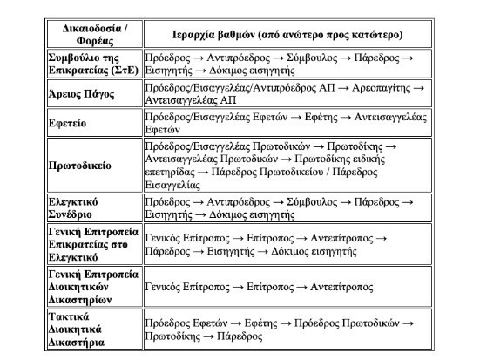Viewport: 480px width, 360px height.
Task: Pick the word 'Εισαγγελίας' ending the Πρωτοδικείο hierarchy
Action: pos(174,186)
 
